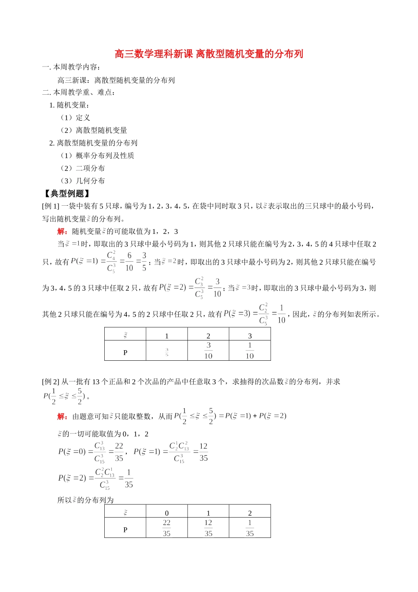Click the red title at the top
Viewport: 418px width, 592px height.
click(209, 54)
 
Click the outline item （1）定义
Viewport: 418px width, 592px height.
click(75, 118)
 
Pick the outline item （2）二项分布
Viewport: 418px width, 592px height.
click(82, 168)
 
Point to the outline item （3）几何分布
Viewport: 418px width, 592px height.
click(82, 181)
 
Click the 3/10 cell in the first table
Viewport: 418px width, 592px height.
click(208, 351)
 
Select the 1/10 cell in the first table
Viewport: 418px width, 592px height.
click(249, 351)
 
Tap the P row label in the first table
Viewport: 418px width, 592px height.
click(125, 352)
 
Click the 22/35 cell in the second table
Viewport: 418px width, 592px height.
click(166, 528)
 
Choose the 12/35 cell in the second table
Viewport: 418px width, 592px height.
click(208, 528)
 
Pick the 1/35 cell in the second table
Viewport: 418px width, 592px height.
click(249, 528)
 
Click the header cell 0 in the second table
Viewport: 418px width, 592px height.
click(167, 513)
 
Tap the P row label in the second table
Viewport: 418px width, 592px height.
click(125, 529)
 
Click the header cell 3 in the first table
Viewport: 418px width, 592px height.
click(250, 336)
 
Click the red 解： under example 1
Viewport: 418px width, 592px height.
click(62, 232)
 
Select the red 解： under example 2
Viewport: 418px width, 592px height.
click(62, 416)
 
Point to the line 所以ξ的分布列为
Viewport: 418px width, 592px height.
click(86, 500)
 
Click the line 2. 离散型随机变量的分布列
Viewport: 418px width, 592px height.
click(93, 143)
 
